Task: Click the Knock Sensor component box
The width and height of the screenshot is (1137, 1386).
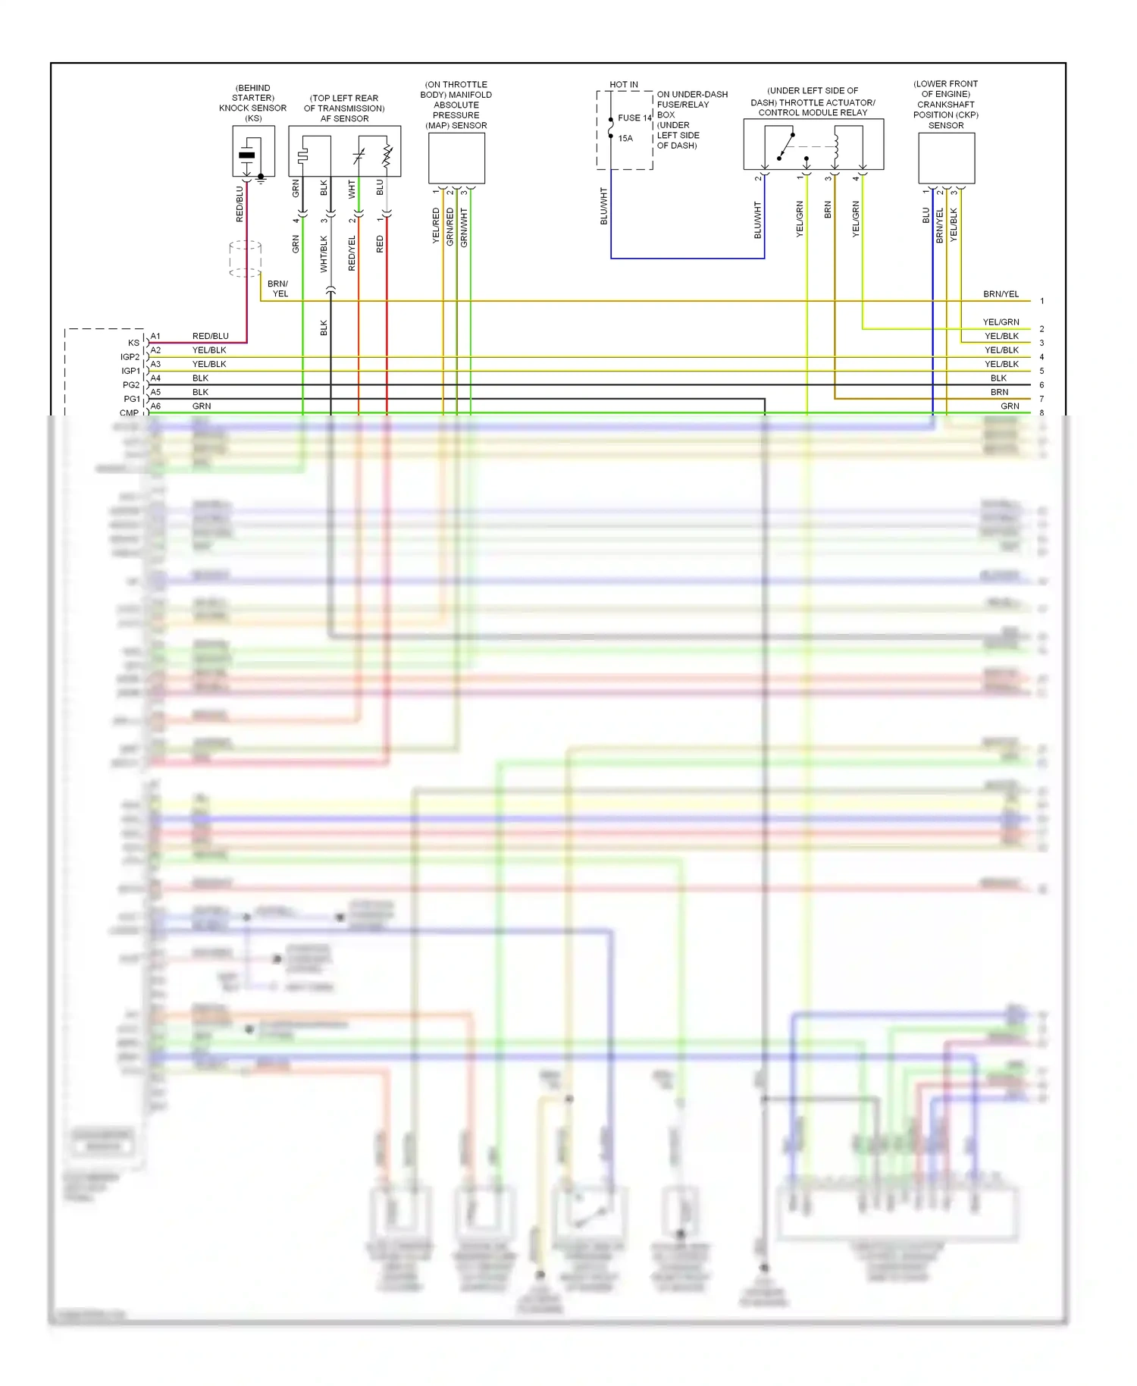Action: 253,151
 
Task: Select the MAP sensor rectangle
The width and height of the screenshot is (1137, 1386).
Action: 456,158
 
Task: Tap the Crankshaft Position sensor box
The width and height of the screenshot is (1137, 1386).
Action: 946,158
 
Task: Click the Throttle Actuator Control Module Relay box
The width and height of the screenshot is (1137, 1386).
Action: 813,144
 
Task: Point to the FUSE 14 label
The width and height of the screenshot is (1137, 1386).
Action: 634,118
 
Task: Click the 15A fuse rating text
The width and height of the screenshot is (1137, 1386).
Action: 625,138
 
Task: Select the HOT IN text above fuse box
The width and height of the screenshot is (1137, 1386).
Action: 624,84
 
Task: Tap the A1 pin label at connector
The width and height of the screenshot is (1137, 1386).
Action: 155,336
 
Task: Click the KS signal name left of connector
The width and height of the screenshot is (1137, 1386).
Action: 133,343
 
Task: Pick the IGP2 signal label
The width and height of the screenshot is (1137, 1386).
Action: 130,356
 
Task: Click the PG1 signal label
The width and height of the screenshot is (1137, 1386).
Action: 132,399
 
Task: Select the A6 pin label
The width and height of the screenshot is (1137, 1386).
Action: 155,406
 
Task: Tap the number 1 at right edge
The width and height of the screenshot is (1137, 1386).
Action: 1041,301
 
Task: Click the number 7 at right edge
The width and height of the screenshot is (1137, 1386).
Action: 1041,399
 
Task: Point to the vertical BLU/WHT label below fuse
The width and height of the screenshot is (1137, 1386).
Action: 604,206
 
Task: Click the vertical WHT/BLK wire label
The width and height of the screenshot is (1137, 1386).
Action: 324,253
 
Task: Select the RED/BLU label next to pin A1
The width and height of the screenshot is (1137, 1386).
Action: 210,336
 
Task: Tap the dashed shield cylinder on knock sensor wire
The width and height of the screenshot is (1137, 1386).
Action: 245,259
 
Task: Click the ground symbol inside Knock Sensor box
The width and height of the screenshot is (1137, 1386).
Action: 261,180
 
